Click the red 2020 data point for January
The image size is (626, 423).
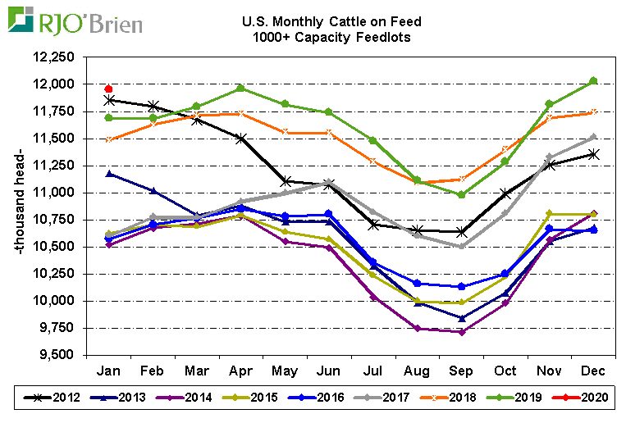tap(108, 89)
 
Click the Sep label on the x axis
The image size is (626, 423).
tap(461, 371)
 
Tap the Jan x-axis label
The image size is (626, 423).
tap(108, 371)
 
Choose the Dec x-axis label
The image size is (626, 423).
tap(593, 371)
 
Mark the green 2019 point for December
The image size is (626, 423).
tap(593, 81)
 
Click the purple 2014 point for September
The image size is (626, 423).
tap(461, 332)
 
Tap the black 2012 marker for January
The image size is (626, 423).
tap(108, 100)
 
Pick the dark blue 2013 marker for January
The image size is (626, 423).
tap(108, 174)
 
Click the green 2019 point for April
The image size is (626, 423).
tap(240, 88)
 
